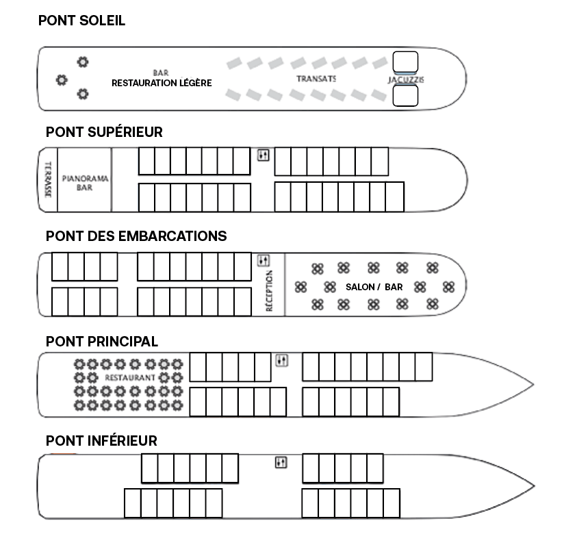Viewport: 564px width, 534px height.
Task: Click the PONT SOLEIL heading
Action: [x=81, y=21]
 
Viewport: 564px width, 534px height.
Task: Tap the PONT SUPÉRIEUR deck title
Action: [x=104, y=131]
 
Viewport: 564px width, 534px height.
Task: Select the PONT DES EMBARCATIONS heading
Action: [x=136, y=236]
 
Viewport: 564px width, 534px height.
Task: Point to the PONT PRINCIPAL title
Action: [x=102, y=342]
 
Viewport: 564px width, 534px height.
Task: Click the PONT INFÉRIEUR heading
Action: [x=101, y=441]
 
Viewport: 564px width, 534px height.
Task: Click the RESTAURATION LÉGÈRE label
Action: [x=162, y=83]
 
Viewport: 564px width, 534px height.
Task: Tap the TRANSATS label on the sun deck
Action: [x=316, y=79]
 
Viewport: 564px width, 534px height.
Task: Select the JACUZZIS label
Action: [x=406, y=79]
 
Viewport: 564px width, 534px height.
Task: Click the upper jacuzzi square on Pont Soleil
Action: [x=405, y=62]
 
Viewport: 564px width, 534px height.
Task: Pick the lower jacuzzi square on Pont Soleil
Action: [x=405, y=96]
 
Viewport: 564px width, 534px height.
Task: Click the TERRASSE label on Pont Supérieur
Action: [x=48, y=179]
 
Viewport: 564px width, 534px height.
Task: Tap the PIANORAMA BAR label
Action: [x=85, y=183]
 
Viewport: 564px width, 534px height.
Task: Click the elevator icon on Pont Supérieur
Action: [x=264, y=155]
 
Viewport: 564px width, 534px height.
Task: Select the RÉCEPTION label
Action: [x=269, y=291]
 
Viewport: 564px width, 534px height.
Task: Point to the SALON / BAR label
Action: [x=374, y=287]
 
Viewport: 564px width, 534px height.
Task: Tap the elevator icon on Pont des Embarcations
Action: [x=264, y=260]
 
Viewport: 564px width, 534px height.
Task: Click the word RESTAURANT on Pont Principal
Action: [x=130, y=377]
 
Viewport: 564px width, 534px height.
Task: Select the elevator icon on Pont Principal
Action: [x=281, y=360]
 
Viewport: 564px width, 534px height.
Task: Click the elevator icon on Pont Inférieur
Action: [x=281, y=462]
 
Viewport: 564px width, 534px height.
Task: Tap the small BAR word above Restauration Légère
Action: [x=161, y=73]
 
